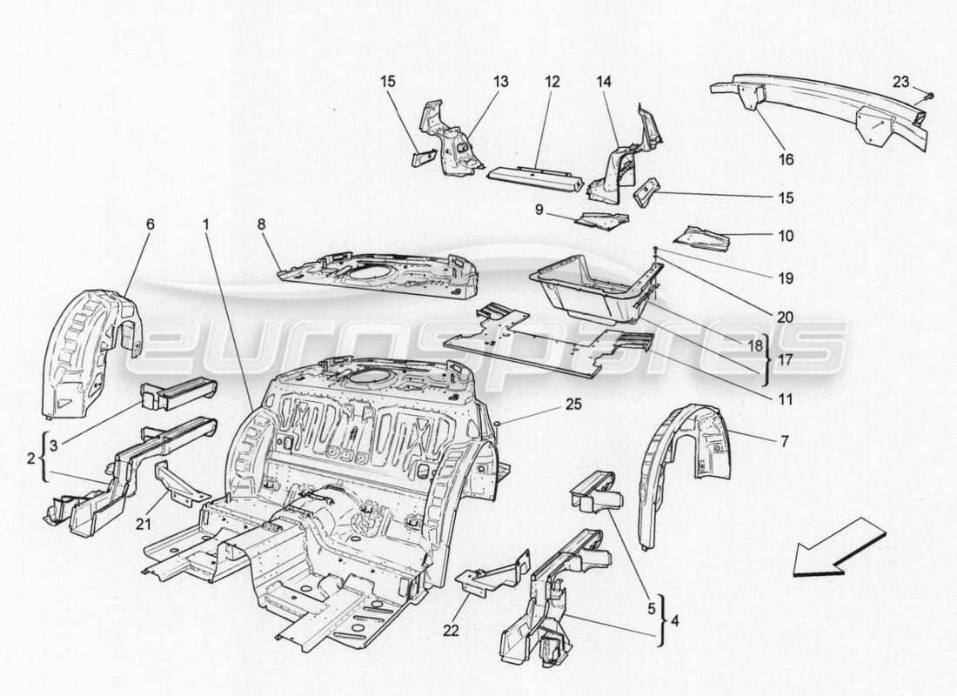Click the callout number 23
[900, 82]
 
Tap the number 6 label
[150, 224]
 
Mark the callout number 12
[551, 81]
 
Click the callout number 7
[784, 441]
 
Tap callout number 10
[786, 235]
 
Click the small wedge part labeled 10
[705, 236]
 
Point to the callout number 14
[603, 81]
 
